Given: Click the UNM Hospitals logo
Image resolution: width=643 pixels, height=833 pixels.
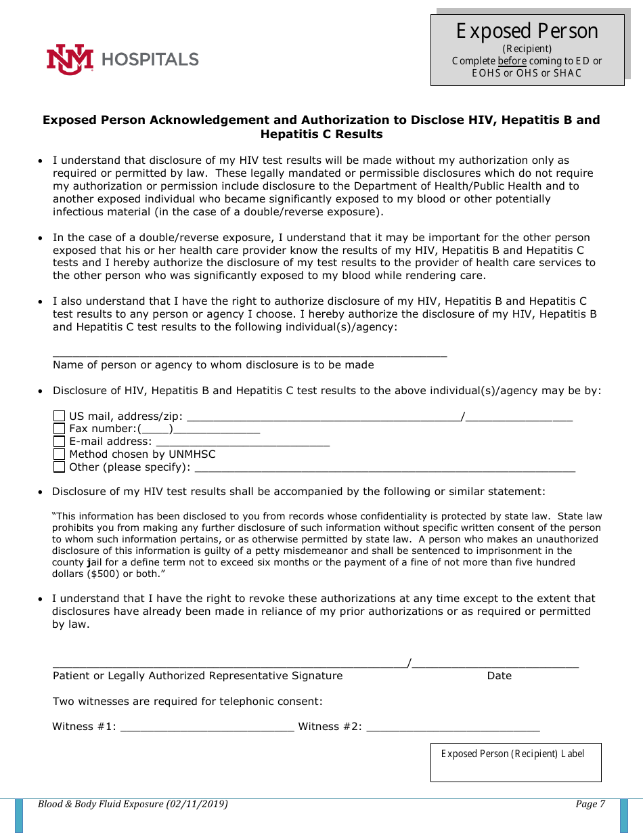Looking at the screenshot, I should click(123, 60).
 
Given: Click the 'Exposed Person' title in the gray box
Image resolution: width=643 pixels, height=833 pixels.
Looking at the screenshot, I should click(527, 31).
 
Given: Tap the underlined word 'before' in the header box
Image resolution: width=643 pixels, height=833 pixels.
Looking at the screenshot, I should click(512, 61).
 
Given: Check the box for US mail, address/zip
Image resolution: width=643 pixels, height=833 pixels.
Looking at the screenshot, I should click(60, 416).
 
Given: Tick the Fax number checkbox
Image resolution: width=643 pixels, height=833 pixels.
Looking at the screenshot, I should click(60, 429).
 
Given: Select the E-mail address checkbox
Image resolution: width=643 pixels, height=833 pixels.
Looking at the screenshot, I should click(60, 442).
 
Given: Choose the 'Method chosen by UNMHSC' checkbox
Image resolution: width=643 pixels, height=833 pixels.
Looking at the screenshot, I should click(60, 454).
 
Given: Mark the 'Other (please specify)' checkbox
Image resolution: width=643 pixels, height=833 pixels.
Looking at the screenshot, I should click(60, 467).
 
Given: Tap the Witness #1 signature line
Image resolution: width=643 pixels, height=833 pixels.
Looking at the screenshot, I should click(207, 729).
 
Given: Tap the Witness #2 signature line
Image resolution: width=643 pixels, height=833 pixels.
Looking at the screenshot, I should click(453, 729).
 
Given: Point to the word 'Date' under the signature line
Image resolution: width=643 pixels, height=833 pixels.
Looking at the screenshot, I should click(499, 676).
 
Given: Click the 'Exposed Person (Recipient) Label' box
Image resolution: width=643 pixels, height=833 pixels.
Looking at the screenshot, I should click(516, 763).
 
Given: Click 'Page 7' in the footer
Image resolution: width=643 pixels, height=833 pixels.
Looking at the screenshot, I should click(590, 805).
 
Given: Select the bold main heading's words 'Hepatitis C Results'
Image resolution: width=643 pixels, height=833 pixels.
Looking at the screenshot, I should click(321, 134).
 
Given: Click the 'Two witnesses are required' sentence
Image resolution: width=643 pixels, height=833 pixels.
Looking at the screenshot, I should click(187, 702).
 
